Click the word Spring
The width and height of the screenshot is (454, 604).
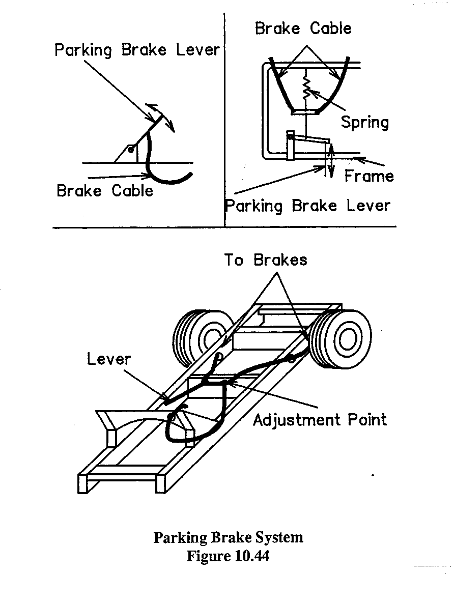(364, 122)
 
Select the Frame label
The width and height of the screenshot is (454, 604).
(369, 176)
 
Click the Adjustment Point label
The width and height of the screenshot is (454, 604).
(320, 420)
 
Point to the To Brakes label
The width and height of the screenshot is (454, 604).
(266, 260)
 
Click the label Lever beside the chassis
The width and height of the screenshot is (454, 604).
(109, 359)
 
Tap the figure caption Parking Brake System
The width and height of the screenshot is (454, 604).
(228, 537)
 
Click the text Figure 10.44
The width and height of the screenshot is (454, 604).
(228, 556)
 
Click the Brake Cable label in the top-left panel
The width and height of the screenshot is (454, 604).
(105, 191)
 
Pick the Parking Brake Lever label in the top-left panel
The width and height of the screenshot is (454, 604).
(137, 50)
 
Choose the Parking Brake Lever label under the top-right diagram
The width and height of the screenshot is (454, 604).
(307, 206)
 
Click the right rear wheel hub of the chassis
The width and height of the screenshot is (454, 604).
(348, 339)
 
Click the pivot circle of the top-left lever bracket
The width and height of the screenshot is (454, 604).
(131, 150)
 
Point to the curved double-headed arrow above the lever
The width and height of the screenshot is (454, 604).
(161, 116)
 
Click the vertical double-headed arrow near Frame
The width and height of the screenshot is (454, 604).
(330, 160)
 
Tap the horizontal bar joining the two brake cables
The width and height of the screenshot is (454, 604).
(306, 110)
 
